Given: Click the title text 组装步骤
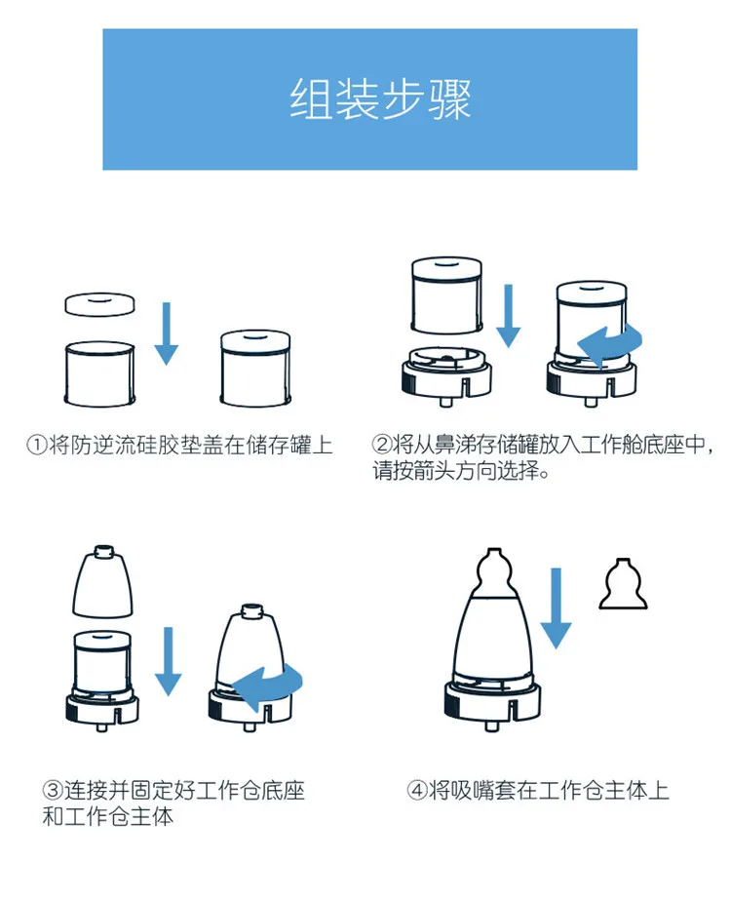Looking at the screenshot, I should [380, 99].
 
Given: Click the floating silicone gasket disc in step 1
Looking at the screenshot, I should [98, 303].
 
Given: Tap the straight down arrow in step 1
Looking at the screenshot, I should [167, 333].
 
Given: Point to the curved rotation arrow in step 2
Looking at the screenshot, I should [611, 341].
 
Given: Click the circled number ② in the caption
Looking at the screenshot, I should [381, 446].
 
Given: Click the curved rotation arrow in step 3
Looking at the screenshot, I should [270, 688].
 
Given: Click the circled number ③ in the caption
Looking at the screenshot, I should [52, 790].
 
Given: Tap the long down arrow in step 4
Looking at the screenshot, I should [556, 606].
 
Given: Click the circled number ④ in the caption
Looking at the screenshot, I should [416, 790].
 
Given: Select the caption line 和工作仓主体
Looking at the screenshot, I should [108, 817].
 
